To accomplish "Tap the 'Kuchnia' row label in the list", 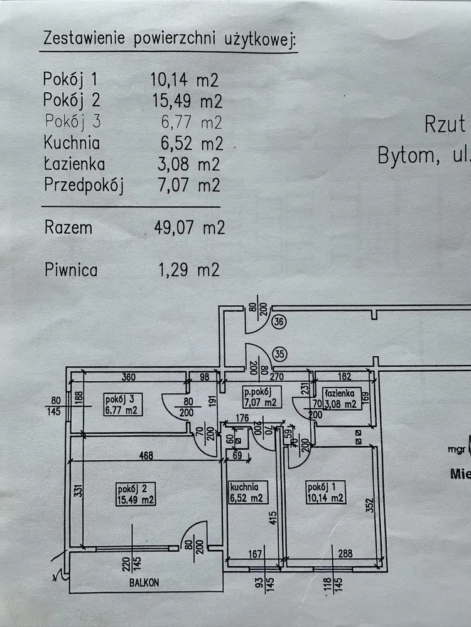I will [x=72, y=143].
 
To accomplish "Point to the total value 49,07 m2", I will [x=189, y=228].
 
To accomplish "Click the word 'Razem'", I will [x=68, y=228].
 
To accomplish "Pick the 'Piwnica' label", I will [x=71, y=270].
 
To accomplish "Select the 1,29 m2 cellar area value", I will [x=189, y=270].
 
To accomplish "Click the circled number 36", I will [x=280, y=322].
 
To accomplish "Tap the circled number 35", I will [x=280, y=353].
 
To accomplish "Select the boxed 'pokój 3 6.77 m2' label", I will [x=121, y=405].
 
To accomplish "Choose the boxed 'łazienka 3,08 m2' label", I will [x=341, y=399].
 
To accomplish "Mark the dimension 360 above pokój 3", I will [x=129, y=378].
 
